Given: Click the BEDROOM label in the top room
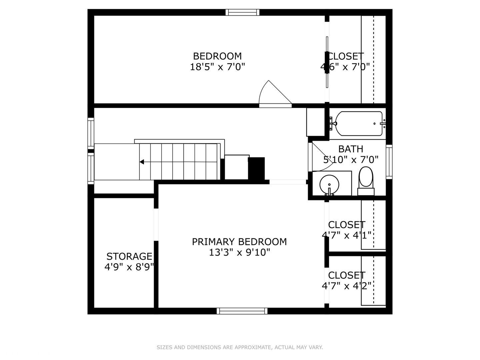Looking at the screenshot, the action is coord(217,56).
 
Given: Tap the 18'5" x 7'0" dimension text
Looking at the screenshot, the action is coord(217,67).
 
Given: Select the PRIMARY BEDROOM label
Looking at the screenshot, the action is coord(239,242).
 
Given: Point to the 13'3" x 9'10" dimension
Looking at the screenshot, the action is coord(239,252).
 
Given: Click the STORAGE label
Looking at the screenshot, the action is coord(129,256).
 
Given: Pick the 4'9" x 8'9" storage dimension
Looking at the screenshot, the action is coord(129,267).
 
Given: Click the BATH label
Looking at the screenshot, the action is coord(351,149).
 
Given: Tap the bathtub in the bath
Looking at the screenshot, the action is coord(359,124).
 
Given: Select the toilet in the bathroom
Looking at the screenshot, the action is coord(366,181).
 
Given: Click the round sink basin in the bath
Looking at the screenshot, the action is coord(329,185).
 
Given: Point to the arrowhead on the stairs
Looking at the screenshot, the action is coord(142,162).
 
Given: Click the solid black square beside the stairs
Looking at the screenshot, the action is coord(256,169).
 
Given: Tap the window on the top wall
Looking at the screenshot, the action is coord(243,12).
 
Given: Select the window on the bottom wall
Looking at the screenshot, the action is coord(242,311).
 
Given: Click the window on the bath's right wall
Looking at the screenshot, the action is coord(389,162).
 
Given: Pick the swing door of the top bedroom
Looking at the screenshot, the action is coord(275,94).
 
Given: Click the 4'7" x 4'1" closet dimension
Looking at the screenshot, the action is coord(347,235).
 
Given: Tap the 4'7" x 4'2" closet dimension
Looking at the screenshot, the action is coord(347,285).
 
